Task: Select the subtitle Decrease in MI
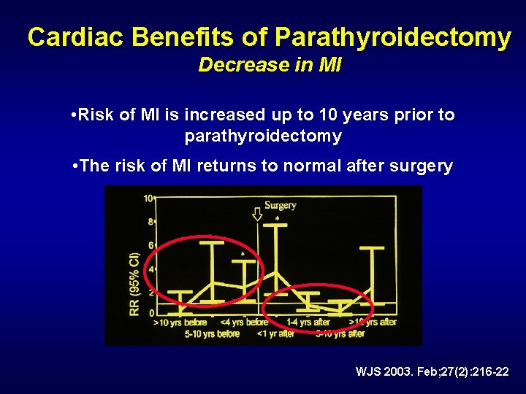[270, 65]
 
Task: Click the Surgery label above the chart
[280, 205]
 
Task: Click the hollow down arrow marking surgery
[256, 215]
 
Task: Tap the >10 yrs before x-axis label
[180, 322]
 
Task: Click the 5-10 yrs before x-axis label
[212, 333]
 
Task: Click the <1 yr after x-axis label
[276, 333]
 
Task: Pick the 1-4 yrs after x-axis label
[308, 322]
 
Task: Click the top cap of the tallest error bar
[275, 225]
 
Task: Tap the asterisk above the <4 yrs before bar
[243, 253]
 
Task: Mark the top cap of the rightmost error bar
[372, 249]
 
